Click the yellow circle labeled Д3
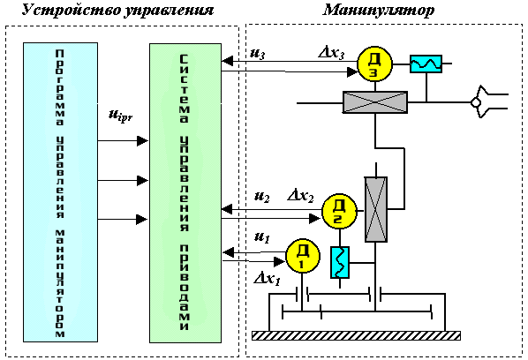(374, 64)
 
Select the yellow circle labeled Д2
(339, 212)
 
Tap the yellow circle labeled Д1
(303, 256)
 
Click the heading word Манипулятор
(379, 11)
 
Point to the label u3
(257, 54)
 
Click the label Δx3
(332, 53)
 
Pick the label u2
(261, 197)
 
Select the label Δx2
(301, 196)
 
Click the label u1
(262, 237)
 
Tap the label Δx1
(268, 279)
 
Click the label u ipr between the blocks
(120, 116)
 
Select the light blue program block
(60, 192)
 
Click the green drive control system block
(185, 193)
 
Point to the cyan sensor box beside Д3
(426, 64)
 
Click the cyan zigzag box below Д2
(339, 262)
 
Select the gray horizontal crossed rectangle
(374, 102)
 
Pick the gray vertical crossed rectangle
(376, 209)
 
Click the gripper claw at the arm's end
(488, 101)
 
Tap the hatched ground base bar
(356, 335)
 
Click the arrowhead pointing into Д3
(352, 72)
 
